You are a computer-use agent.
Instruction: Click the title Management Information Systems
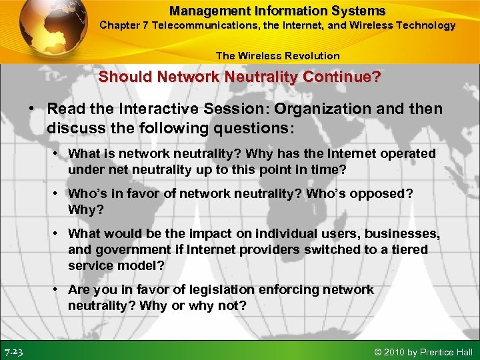(x=277, y=11)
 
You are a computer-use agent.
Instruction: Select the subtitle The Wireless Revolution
(x=277, y=56)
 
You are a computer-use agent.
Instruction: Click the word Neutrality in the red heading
(x=263, y=77)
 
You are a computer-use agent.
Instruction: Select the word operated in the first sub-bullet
(x=407, y=154)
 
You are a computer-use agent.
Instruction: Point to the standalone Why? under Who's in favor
(x=83, y=209)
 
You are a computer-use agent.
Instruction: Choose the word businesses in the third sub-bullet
(x=399, y=233)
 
